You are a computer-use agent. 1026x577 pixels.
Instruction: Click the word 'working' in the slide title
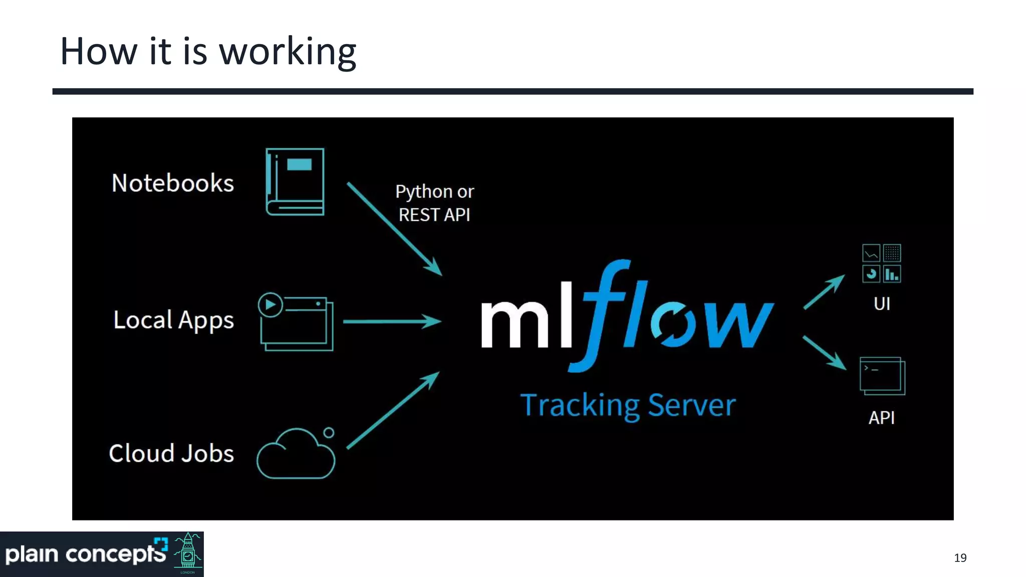click(288, 52)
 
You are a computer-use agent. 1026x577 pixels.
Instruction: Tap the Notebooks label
click(172, 183)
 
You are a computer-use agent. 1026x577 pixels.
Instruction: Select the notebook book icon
click(295, 182)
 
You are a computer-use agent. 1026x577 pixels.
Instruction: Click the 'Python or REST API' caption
click(434, 203)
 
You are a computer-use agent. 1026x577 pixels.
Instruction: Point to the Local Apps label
click(173, 320)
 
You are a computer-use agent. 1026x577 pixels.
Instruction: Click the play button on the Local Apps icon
click(271, 305)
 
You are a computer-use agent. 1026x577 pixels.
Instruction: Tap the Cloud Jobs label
click(171, 453)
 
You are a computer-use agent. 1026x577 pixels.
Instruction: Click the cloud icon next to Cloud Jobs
click(296, 455)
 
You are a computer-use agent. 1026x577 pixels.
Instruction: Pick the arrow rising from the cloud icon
click(393, 410)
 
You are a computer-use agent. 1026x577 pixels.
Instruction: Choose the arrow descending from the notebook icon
click(394, 228)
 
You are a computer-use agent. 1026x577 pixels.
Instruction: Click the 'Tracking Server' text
click(628, 405)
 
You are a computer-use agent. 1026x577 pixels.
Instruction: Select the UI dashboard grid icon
click(881, 263)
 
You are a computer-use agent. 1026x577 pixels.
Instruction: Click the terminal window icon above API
click(882, 376)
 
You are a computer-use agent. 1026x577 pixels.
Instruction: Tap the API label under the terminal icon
click(881, 418)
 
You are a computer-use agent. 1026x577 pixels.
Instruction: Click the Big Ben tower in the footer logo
click(188, 553)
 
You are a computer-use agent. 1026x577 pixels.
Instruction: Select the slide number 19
click(960, 558)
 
